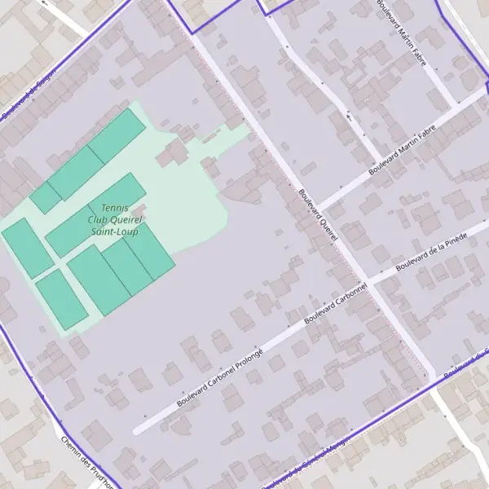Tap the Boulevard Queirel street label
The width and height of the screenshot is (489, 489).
[318, 216]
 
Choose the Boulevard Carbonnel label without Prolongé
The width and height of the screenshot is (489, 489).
[336, 304]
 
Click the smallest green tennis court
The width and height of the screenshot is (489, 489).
[46, 198]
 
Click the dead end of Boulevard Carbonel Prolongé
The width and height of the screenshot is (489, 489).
[136, 430]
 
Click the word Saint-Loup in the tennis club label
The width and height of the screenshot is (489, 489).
[115, 232]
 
